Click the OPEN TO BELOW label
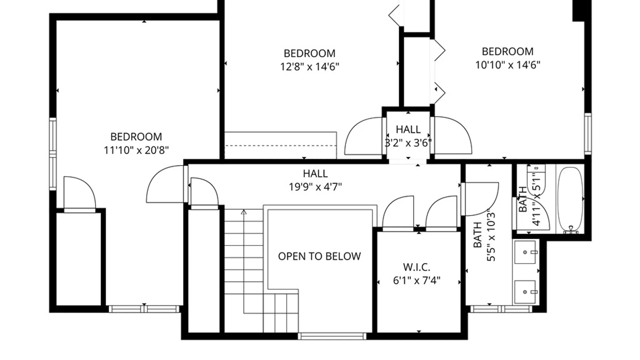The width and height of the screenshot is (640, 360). tap(319, 256)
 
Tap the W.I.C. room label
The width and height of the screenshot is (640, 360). tap(417, 267)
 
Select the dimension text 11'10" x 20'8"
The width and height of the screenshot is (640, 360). tap(136, 150)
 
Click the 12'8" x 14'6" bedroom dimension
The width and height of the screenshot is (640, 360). tap(310, 67)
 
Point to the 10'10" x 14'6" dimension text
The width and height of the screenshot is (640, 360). tap(508, 65)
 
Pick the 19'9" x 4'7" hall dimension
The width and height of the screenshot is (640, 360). tap(315, 187)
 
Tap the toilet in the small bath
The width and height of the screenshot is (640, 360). tap(536, 180)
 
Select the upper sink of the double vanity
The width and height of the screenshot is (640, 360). tap(526, 252)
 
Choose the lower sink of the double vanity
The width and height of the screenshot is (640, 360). tap(526, 292)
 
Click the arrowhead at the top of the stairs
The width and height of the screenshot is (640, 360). tap(244, 212)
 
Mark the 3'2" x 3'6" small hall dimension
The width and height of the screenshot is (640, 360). tap(408, 143)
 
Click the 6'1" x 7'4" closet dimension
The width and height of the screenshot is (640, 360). tap(417, 280)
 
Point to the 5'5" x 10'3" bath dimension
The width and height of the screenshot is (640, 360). tap(491, 235)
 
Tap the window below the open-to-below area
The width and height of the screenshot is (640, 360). tap(332, 336)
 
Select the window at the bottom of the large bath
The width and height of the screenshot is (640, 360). tap(501, 309)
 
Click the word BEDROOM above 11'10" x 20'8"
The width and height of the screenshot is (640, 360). tap(136, 137)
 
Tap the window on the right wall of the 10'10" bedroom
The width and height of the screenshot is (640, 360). tap(588, 134)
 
